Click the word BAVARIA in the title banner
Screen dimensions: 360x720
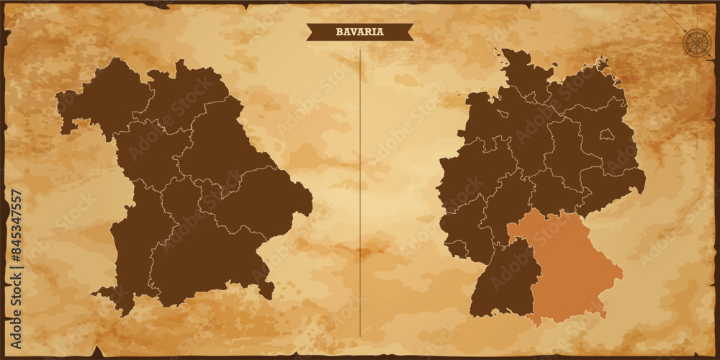pyautogui.click(x=360, y=32)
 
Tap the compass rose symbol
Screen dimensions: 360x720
pyautogui.click(x=696, y=42)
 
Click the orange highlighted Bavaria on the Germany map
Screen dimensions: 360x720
pyautogui.click(x=569, y=266)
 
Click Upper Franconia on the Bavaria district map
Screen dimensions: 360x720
pyautogui.click(x=184, y=94)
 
